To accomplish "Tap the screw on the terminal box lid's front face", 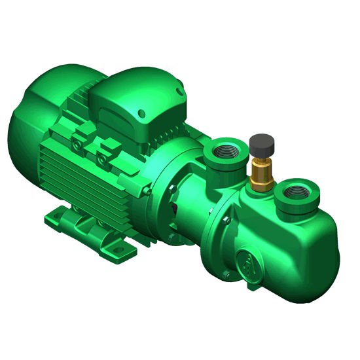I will click(140, 115).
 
